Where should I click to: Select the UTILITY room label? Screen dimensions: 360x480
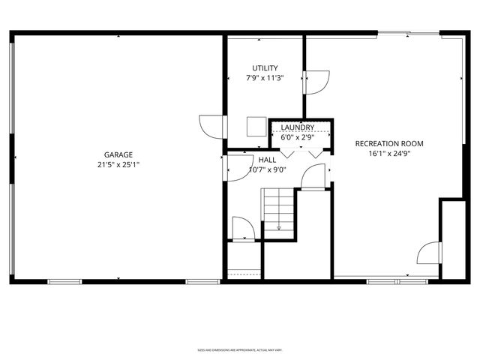click(x=265, y=68)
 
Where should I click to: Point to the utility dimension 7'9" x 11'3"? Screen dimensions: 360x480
click(x=265, y=78)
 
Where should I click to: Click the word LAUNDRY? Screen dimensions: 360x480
click(x=297, y=127)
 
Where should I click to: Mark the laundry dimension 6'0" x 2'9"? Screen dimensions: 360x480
click(x=297, y=137)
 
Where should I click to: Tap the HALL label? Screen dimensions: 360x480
click(x=267, y=160)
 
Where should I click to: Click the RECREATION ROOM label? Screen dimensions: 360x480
click(x=389, y=143)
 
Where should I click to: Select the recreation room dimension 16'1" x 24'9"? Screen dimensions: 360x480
click(x=389, y=154)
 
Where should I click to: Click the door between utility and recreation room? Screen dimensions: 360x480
click(x=315, y=80)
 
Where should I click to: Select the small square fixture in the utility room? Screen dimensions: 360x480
click(x=256, y=126)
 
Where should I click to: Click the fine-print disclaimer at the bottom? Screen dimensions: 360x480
click(x=240, y=349)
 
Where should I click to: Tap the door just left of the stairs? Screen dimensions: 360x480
click(x=243, y=229)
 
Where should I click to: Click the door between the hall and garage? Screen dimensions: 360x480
click(x=239, y=168)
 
